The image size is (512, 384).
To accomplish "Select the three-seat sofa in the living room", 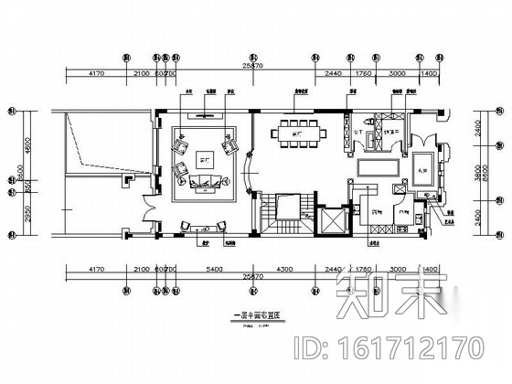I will (203, 185).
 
